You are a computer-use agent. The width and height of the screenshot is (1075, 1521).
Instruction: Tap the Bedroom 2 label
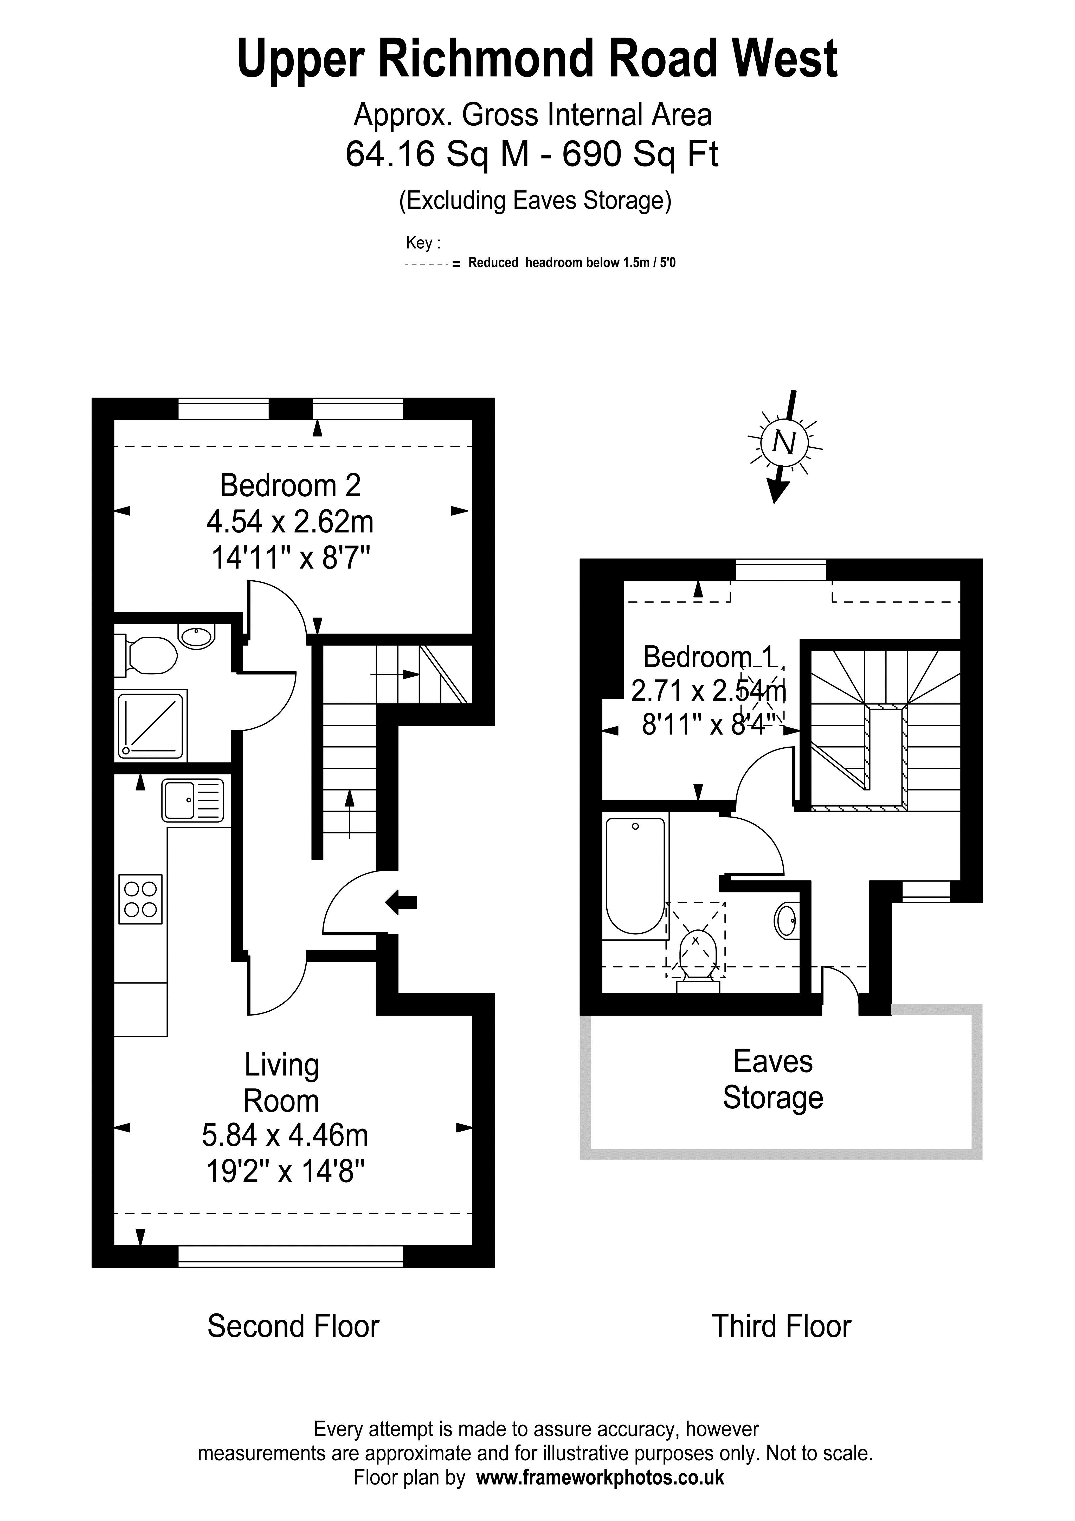click(290, 486)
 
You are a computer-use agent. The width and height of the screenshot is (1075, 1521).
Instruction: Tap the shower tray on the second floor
click(151, 726)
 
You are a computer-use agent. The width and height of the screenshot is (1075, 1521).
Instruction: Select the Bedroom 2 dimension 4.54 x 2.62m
click(290, 522)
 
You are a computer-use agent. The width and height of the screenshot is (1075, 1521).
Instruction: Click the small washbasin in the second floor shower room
click(197, 637)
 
